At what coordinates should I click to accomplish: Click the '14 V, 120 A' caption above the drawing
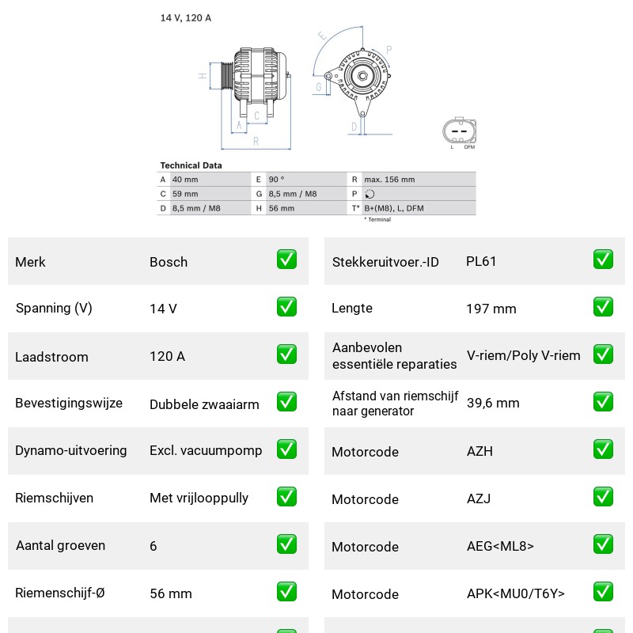(x=186, y=17)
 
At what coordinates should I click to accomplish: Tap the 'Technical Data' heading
(x=191, y=165)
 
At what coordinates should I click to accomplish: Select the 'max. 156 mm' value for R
(x=389, y=180)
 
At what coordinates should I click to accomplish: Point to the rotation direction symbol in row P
(x=370, y=194)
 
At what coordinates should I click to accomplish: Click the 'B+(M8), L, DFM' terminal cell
(x=394, y=208)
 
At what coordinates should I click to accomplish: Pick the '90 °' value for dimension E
(x=276, y=180)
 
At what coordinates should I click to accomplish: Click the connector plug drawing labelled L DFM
(x=460, y=131)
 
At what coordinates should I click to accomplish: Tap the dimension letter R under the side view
(x=256, y=142)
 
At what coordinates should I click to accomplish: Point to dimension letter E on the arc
(x=322, y=36)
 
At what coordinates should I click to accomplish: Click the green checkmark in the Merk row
(x=286, y=260)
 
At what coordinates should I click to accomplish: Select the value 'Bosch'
(x=169, y=262)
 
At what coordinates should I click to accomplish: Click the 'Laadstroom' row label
(x=51, y=357)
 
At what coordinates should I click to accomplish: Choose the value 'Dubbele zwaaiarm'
(x=204, y=404)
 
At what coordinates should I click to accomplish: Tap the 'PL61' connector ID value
(x=481, y=261)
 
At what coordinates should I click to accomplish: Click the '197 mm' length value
(x=491, y=309)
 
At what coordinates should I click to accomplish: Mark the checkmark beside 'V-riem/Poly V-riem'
(x=603, y=354)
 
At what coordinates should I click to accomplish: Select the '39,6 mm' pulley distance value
(x=493, y=403)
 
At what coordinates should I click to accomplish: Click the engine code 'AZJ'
(x=479, y=498)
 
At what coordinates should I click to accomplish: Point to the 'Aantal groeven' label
(x=61, y=545)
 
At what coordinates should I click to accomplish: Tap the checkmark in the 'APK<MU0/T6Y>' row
(x=603, y=591)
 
